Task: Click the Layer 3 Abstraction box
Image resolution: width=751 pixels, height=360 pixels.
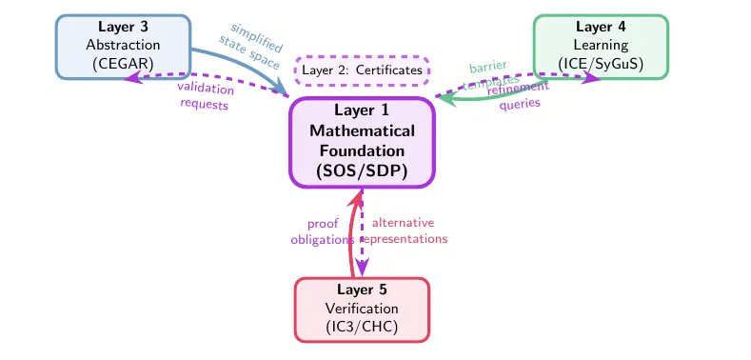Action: [124, 45]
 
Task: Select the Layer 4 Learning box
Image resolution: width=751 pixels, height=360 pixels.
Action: [600, 45]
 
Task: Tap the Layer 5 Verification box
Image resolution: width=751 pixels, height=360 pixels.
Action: [362, 309]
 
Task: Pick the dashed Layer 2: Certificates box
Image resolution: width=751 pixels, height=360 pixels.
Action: [362, 70]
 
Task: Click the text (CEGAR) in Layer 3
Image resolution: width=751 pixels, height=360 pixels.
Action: [124, 64]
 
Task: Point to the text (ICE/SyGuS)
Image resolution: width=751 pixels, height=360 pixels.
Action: [600, 64]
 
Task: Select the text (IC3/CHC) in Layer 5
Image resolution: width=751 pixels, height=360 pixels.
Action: [362, 328]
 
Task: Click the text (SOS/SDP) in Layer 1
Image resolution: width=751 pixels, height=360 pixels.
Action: [362, 172]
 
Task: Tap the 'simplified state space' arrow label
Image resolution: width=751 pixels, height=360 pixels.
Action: [250, 44]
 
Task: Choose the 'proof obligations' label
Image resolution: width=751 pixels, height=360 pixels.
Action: [322, 231]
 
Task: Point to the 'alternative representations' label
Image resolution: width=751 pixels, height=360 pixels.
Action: [404, 231]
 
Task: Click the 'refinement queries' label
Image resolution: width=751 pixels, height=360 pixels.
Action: [520, 96]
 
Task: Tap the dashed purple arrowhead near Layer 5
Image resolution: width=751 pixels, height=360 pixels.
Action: [362, 269]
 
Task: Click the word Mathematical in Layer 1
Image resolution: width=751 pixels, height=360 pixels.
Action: [362, 130]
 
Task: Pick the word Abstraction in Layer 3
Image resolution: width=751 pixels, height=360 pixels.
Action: [124, 45]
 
